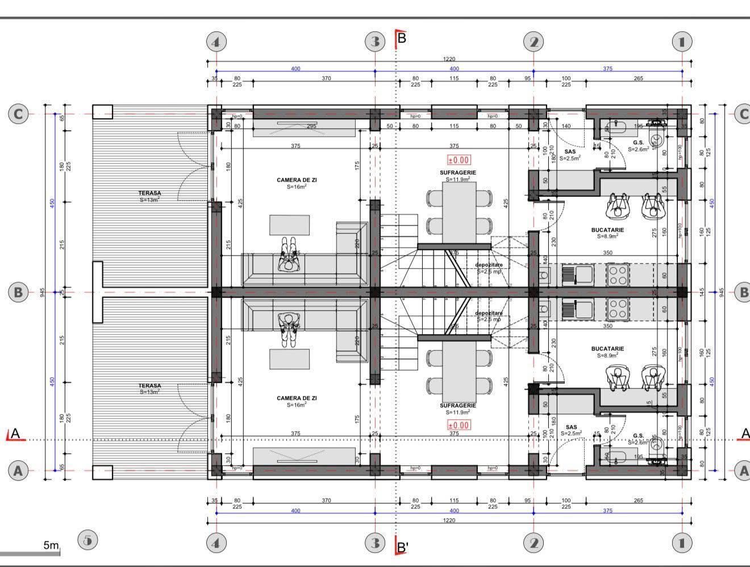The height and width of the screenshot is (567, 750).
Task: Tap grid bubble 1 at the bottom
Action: point(682,543)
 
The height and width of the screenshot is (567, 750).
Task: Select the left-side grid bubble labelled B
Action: point(18,293)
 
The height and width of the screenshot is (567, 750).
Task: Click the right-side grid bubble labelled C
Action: point(743,114)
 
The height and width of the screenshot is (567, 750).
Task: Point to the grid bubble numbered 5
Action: point(87,540)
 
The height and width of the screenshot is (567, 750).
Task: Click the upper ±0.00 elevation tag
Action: point(459,160)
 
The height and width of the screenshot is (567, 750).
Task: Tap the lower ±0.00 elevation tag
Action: point(459,425)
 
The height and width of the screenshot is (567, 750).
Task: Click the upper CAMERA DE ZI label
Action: point(297,180)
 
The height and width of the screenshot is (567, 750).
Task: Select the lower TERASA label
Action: point(149,386)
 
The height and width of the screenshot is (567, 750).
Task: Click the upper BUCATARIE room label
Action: point(607,230)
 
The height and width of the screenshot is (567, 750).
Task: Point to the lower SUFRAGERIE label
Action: point(457,406)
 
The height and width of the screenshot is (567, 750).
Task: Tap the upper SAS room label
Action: point(570,152)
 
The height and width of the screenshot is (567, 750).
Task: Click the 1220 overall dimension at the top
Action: point(449,59)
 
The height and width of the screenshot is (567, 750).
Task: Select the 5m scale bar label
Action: point(51,545)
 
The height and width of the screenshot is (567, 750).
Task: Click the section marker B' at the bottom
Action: point(402,547)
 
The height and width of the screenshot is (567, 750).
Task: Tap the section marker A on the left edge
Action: point(15,434)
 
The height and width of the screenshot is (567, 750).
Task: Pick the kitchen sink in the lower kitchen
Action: point(577,309)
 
